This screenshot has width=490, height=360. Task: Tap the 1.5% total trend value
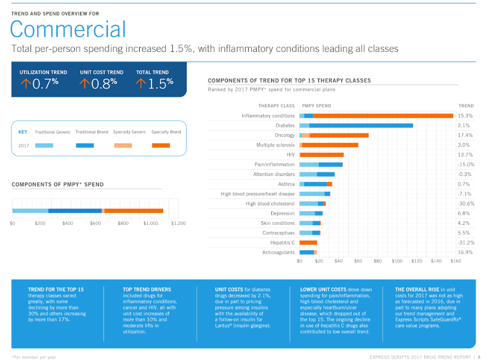159,84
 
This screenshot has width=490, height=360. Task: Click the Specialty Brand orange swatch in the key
160,145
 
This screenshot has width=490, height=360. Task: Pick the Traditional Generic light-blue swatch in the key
44,145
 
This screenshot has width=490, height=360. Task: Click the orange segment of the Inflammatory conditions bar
383,116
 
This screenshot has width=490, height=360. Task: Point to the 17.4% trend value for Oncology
465,135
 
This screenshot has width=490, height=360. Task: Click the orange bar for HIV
321,155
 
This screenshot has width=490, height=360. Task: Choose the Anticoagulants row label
278,252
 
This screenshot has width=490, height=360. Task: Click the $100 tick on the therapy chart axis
397,261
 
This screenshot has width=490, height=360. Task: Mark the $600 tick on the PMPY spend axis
95,223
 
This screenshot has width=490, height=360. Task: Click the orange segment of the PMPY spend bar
134,211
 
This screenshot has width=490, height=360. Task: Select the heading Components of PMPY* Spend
58,185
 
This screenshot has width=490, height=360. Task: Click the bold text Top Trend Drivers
144,289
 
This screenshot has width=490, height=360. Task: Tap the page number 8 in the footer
479,357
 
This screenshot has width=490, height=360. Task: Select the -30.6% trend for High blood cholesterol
466,204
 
